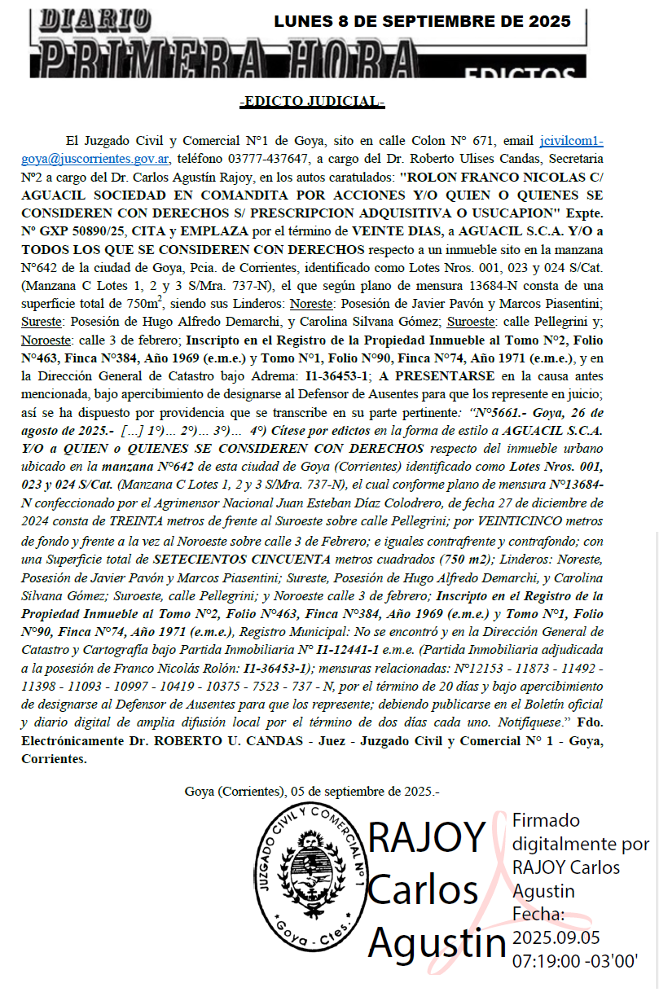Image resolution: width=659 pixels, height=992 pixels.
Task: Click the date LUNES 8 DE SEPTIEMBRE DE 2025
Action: [x=422, y=22]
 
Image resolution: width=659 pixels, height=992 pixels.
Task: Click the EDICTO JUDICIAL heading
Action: [x=312, y=102]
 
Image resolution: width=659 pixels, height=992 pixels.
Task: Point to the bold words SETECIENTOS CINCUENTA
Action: [x=242, y=559]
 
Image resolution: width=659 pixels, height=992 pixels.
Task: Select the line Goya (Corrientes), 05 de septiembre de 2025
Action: [x=312, y=791]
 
